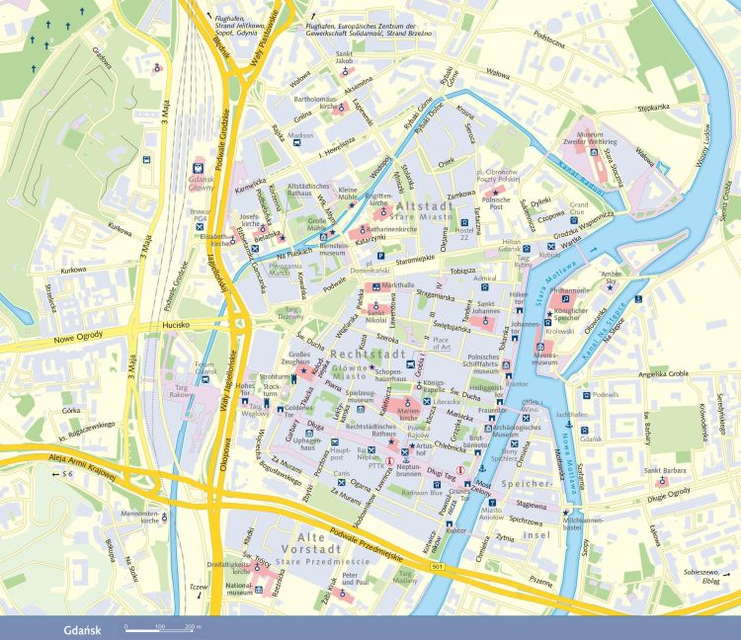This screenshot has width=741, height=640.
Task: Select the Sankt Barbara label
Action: tap(667, 484)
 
